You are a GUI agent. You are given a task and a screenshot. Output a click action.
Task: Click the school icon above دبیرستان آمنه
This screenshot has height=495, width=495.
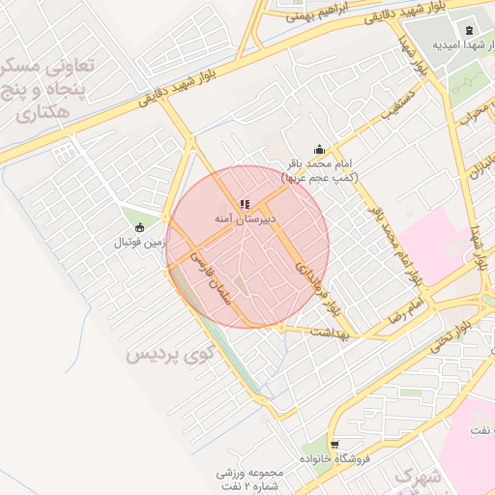244,204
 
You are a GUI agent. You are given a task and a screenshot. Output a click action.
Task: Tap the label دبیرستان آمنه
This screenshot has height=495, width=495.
246,219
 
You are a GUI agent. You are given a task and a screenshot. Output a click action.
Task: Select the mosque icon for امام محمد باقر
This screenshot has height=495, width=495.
320,149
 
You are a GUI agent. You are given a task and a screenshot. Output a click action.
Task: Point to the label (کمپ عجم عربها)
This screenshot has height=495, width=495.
320,179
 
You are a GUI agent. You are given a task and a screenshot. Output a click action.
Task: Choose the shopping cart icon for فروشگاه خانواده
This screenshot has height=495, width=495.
335,445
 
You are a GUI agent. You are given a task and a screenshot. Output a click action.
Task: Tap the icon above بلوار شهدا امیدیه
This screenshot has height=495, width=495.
469,30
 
